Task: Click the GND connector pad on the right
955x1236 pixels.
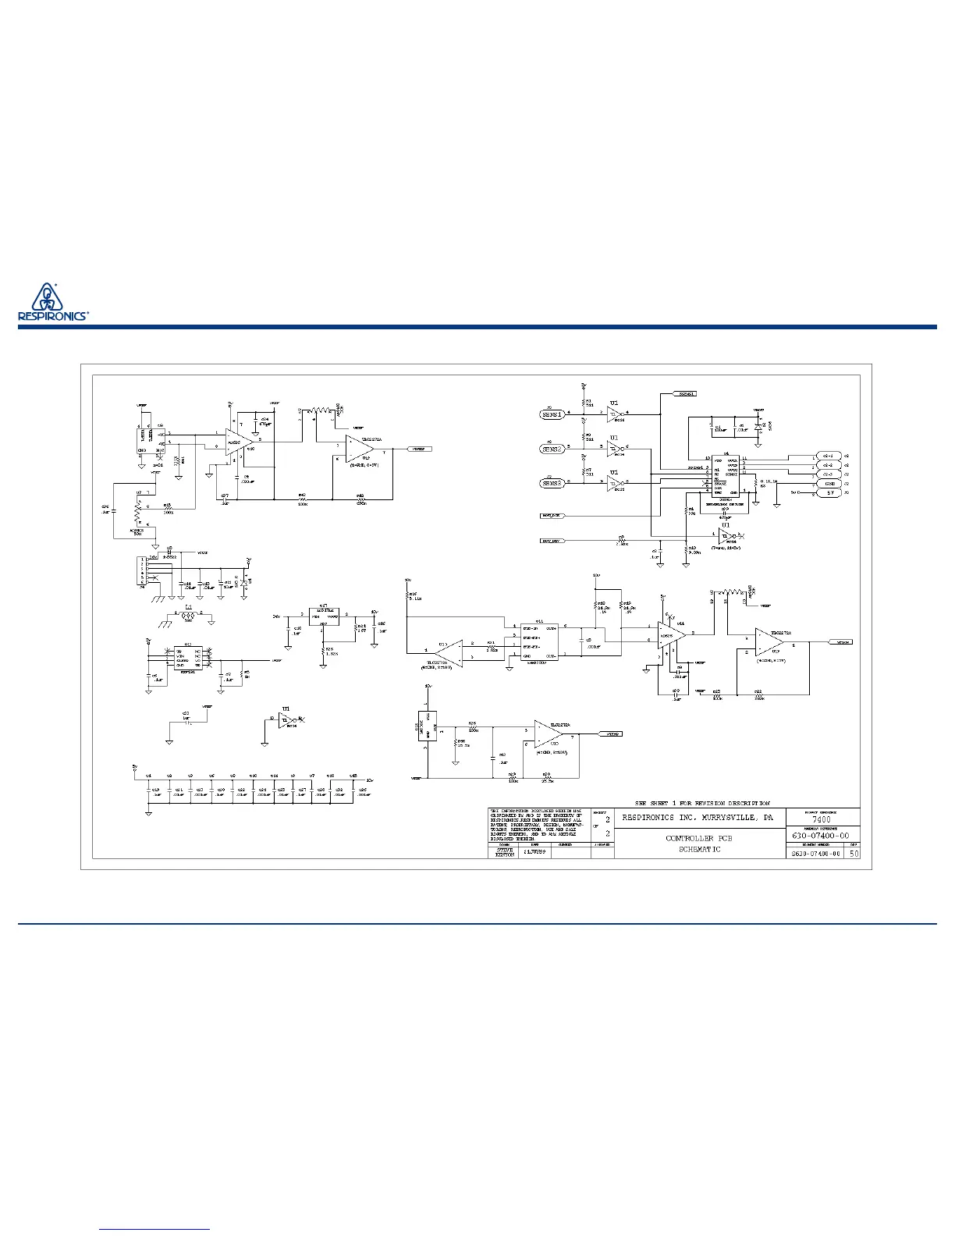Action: (829, 483)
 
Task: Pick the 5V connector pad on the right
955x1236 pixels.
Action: (829, 493)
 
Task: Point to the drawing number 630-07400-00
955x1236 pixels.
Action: (821, 836)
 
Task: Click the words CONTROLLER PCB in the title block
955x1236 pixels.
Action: (699, 838)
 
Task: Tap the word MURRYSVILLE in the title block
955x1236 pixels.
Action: (724, 818)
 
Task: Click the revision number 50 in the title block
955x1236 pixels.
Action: (854, 854)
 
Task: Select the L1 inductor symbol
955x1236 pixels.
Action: (188, 616)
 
